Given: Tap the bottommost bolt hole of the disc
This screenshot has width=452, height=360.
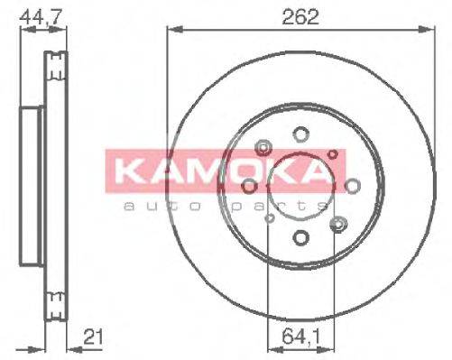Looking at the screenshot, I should coord(300,237).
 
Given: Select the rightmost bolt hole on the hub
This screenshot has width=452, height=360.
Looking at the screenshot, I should coord(353,187).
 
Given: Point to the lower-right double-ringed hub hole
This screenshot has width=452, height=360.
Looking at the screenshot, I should coord(338,223).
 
